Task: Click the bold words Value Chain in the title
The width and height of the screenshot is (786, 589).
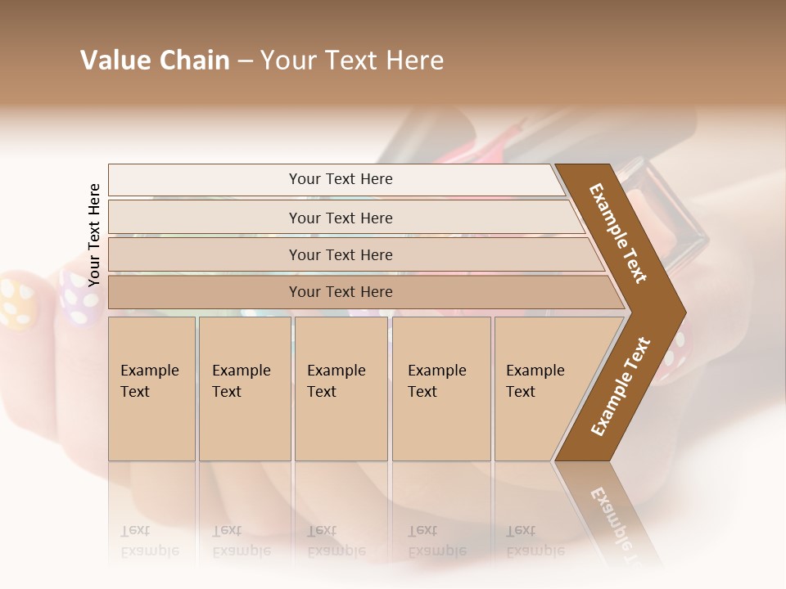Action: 155,61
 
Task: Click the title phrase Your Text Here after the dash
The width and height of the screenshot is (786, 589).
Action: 352,61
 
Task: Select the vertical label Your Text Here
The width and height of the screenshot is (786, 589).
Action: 94,235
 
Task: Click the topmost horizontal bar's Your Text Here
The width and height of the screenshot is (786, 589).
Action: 341,179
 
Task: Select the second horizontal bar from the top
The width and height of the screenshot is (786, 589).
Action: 341,218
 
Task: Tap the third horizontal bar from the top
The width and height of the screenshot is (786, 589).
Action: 341,254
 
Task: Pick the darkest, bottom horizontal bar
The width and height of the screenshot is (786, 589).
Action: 341,292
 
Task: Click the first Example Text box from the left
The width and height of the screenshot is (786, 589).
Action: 151,389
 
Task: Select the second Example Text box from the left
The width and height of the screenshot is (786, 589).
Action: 244,389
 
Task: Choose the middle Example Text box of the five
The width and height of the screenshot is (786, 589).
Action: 341,389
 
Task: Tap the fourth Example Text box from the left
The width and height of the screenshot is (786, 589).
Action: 440,389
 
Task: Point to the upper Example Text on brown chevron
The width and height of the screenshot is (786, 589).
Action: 618,233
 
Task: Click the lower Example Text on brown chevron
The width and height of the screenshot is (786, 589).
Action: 620,387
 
